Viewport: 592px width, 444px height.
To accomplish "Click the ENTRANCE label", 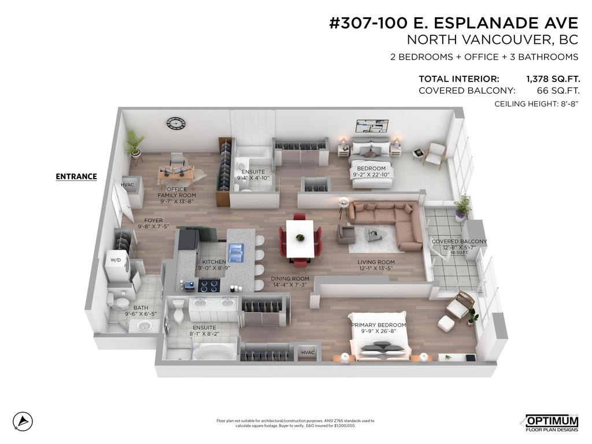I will (76, 176).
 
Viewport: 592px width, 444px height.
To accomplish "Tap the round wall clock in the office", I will (176, 123).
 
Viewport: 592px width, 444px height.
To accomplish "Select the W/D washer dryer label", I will (115, 260).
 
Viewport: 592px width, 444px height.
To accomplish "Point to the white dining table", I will (300, 238).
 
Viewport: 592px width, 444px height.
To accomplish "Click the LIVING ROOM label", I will (376, 262).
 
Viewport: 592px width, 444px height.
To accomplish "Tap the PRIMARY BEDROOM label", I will (379, 325).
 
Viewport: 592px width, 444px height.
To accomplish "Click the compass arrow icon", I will (23, 420).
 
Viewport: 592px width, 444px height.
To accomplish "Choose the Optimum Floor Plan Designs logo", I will (551, 423).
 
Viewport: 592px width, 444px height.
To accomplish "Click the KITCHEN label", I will (214, 262).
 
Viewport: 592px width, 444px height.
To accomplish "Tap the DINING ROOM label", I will (290, 279).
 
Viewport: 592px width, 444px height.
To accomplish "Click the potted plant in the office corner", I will (135, 143).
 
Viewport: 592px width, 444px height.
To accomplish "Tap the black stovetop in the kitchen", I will (208, 285).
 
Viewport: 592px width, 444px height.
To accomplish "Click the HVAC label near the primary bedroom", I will (308, 353).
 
